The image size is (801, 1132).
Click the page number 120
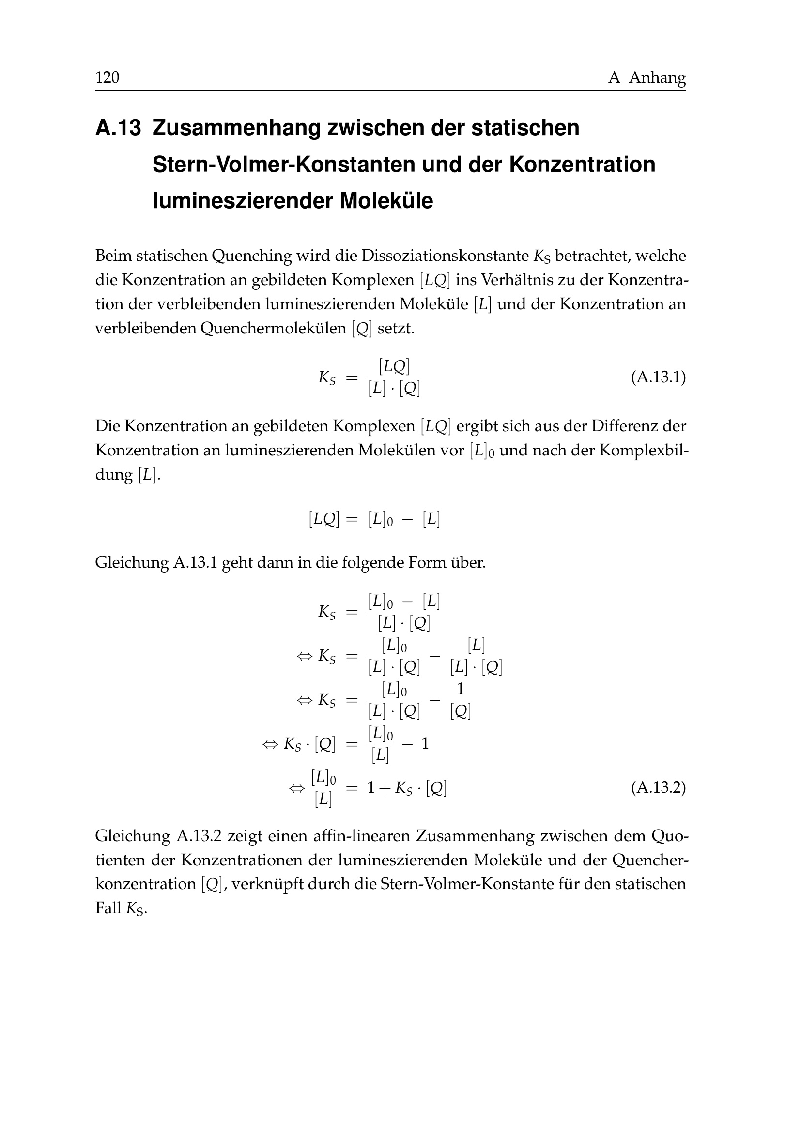pos(107,77)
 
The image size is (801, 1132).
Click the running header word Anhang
pos(657,77)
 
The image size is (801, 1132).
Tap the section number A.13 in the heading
pos(118,128)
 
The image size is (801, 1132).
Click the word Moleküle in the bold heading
pos(385,201)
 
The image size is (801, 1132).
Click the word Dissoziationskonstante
pos(446,256)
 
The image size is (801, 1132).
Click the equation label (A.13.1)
pos(658,377)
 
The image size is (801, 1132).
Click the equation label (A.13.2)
pos(658,788)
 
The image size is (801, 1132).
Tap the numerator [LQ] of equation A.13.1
pos(394,366)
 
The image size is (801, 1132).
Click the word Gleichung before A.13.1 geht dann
pos(132,562)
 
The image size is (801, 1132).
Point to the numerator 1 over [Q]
pos(461,689)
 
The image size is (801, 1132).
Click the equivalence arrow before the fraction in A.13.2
pos(296,789)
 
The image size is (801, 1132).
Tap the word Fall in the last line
pos(108,908)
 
